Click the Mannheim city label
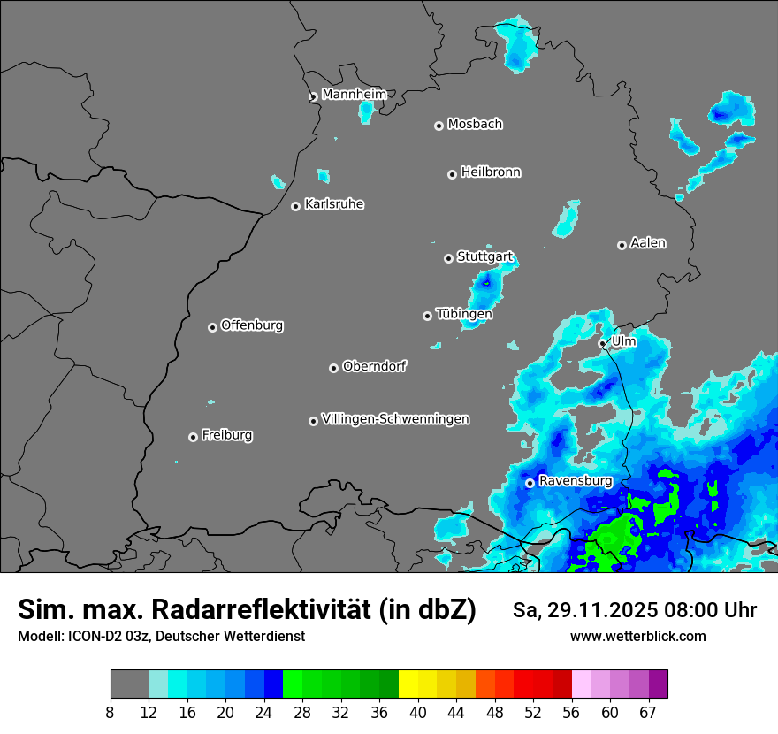354,94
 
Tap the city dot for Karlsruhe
296,206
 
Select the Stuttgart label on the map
484,256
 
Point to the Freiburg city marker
193,437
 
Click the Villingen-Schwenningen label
395,419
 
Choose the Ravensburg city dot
530,483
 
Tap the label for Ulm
623,340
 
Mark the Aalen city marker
622,245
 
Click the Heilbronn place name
491,172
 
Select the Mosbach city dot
439,126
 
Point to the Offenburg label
252,325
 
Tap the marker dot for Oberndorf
333,368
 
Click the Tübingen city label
464,314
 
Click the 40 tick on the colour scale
418,712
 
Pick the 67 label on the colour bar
648,712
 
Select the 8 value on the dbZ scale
111,712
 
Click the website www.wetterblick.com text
637,636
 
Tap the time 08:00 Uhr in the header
703,610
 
